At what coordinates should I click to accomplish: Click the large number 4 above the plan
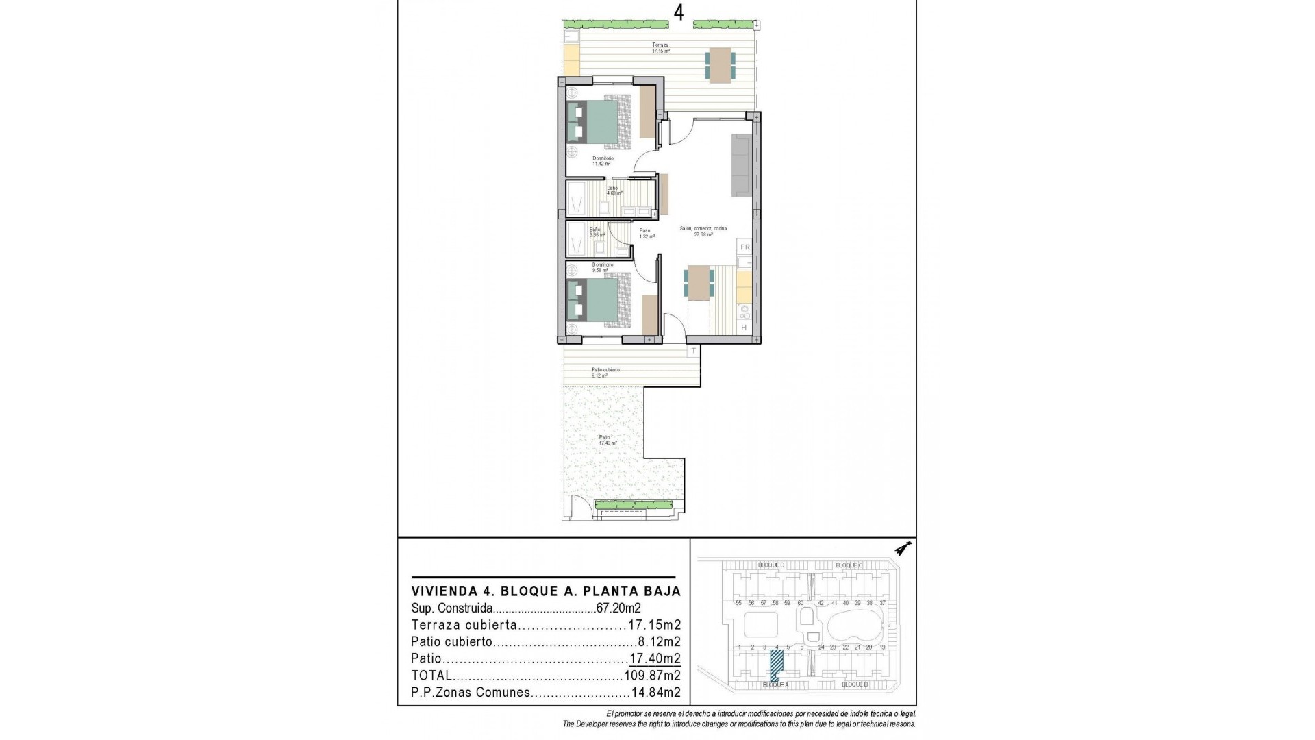(678, 13)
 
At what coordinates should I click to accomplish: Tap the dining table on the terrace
(720, 65)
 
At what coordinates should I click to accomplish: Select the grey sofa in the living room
(741, 164)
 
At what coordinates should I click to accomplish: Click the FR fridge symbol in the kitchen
(745, 247)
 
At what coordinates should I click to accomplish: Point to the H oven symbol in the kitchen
(744, 328)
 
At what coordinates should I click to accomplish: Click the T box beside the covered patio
(693, 351)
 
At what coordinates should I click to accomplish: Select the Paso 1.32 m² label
(646, 234)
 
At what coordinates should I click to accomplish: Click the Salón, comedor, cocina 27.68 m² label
(703, 232)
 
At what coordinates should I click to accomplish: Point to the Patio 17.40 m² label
(605, 440)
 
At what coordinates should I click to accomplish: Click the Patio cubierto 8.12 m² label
(605, 373)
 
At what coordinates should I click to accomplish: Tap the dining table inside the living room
(699, 282)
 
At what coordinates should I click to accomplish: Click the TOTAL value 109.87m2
(651, 676)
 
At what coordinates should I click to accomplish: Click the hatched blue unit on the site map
(777, 664)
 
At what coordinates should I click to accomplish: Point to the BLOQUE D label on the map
(771, 565)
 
